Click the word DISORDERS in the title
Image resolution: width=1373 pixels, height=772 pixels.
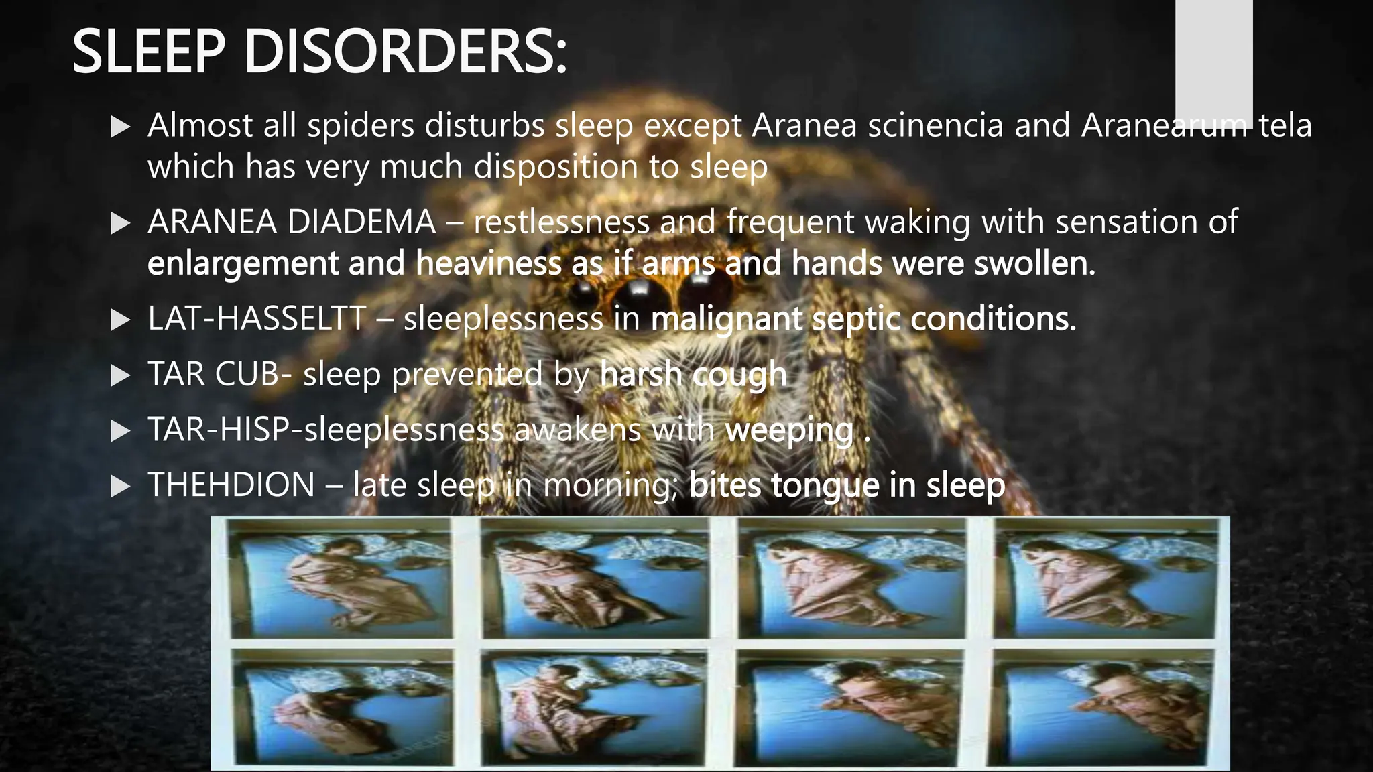[x=405, y=52]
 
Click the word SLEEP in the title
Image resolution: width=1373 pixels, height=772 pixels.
[x=148, y=52]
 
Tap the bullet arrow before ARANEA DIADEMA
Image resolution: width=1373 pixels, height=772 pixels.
[x=120, y=223]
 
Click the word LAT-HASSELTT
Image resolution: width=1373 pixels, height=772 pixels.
[x=257, y=318]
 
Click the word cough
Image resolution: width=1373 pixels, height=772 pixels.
[x=739, y=375]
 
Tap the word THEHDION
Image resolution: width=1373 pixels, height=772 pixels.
[x=231, y=485]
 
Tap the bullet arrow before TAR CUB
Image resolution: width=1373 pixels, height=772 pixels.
[x=120, y=375]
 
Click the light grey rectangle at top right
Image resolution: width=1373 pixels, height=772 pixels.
[x=1213, y=60]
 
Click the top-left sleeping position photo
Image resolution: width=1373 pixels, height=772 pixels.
[x=341, y=578]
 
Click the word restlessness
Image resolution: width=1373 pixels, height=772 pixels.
[x=562, y=222]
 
